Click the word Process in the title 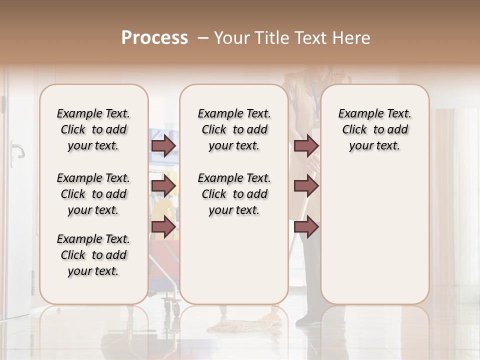click(x=154, y=38)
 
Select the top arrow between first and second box click(x=163, y=146)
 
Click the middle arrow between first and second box click(x=163, y=186)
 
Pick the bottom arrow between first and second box click(x=163, y=227)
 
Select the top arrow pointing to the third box click(x=306, y=146)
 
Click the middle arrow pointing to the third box click(x=306, y=186)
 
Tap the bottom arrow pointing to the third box click(x=306, y=227)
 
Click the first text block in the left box click(x=93, y=129)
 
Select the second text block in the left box click(x=93, y=194)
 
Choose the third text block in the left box click(x=93, y=255)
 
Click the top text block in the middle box click(x=234, y=129)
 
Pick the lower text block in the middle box click(x=234, y=194)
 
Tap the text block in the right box click(x=374, y=129)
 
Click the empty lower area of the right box click(x=374, y=240)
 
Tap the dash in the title click(x=203, y=38)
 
